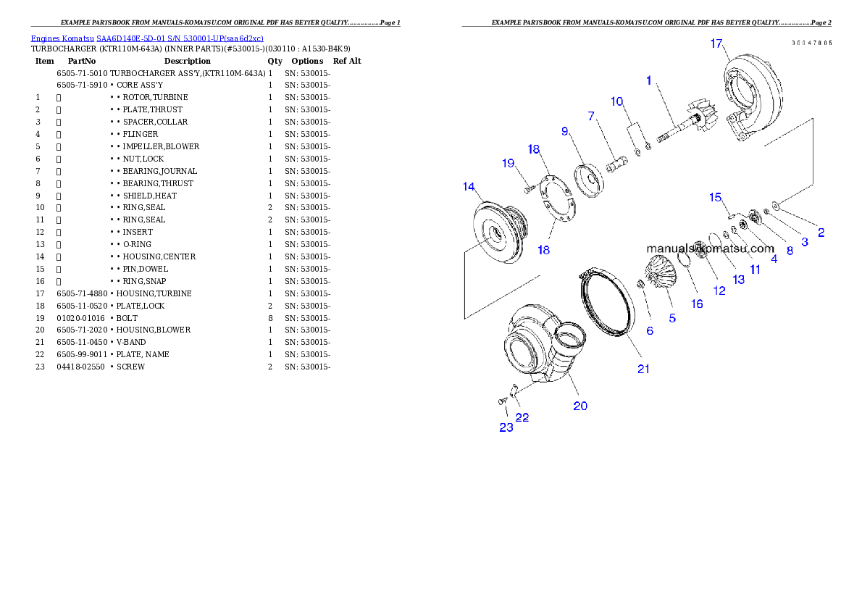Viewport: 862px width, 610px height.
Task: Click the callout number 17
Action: [716, 44]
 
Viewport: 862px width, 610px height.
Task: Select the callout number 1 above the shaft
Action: [650, 80]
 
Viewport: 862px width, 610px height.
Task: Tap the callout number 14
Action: [469, 188]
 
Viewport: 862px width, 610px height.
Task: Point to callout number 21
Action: [643, 369]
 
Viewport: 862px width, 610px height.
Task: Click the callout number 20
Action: [580, 406]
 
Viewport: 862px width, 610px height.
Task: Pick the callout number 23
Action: [506, 427]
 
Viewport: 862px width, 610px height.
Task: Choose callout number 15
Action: [715, 197]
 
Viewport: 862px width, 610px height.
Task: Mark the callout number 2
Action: [821, 233]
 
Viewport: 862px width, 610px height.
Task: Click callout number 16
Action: [696, 304]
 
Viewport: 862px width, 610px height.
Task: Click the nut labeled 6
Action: [641, 283]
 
